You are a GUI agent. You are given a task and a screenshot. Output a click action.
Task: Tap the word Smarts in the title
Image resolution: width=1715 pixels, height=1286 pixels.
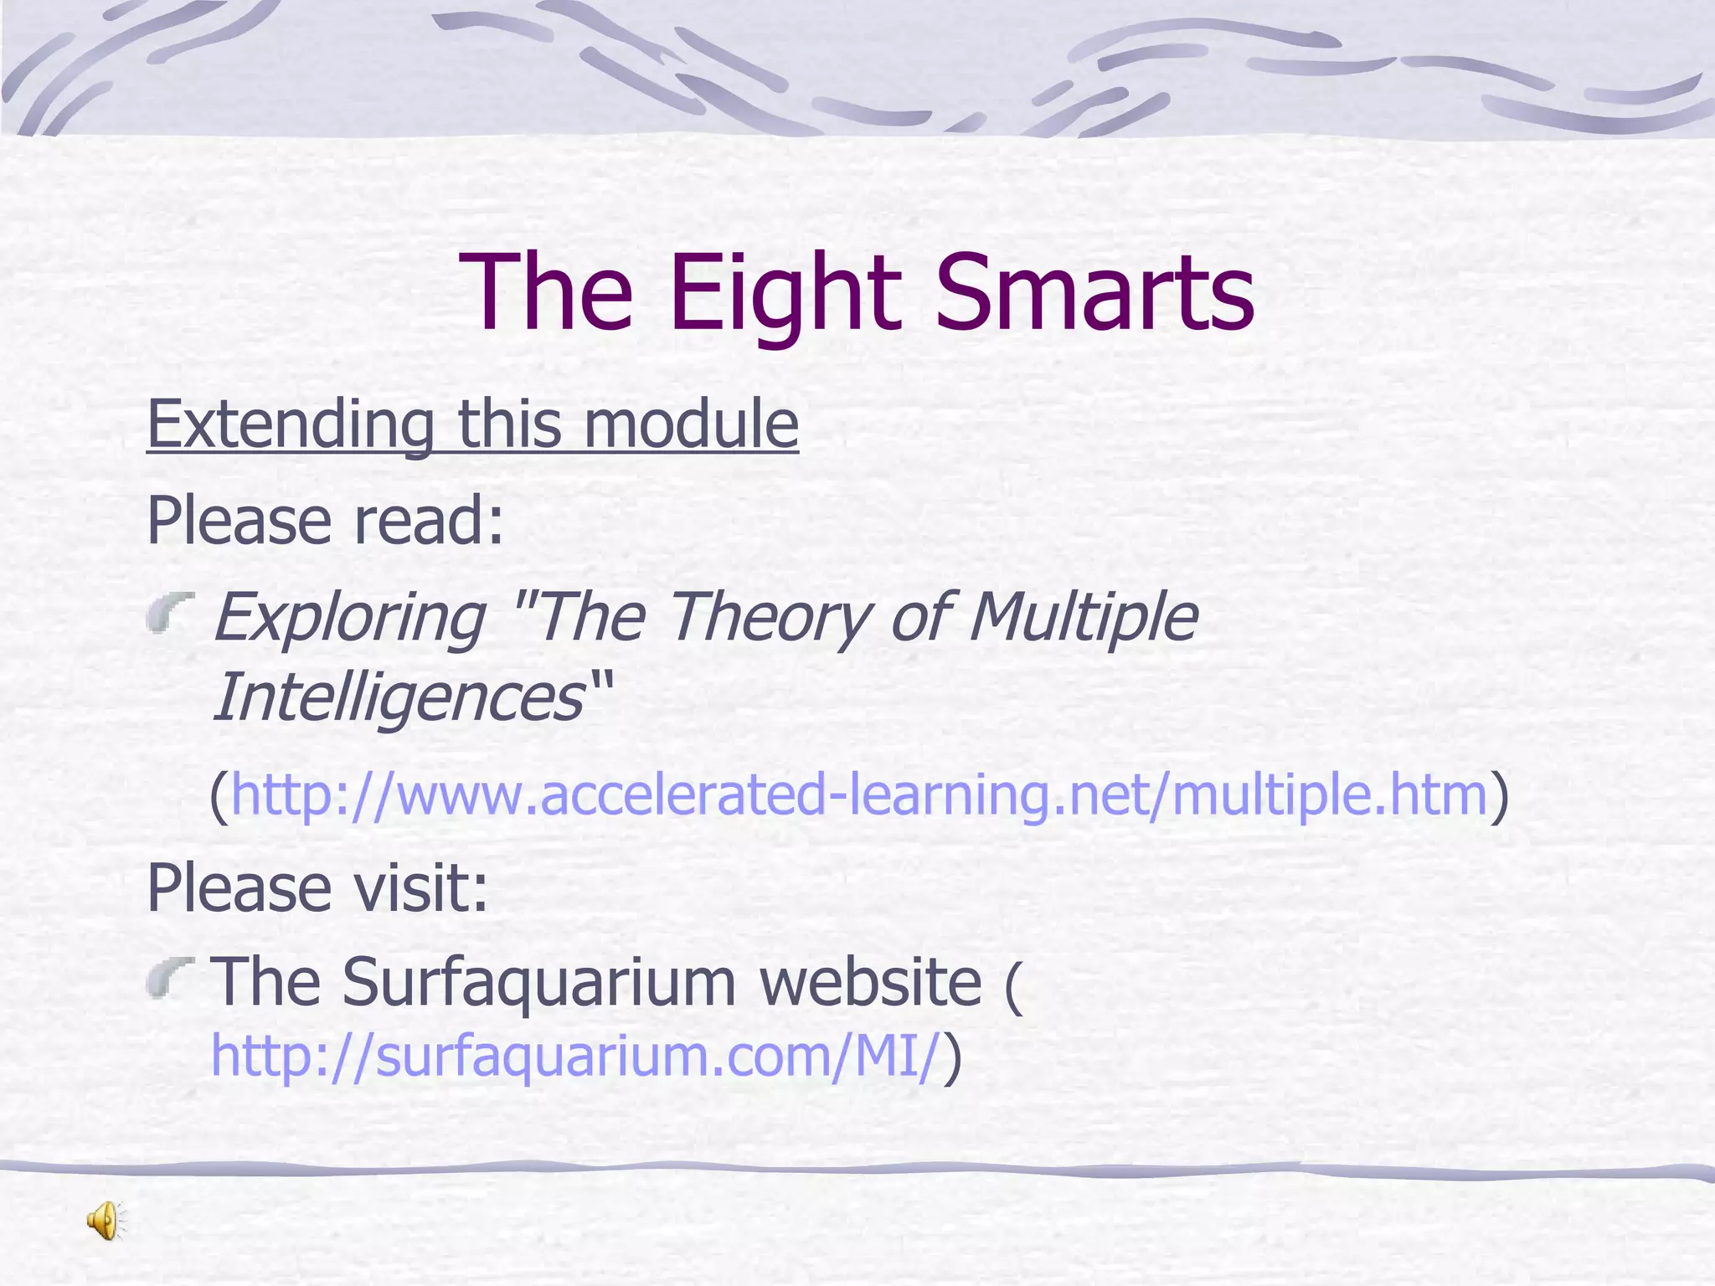pos(1094,293)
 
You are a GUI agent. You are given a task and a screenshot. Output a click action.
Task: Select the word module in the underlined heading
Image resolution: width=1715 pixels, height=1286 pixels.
pos(690,424)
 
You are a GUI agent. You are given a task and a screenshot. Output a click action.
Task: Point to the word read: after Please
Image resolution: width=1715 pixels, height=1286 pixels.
pos(429,521)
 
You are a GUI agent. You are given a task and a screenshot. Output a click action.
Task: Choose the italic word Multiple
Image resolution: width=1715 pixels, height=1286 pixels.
pos(1084,618)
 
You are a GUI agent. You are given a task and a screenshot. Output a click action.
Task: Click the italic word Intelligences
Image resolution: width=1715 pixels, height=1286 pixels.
pos(399,697)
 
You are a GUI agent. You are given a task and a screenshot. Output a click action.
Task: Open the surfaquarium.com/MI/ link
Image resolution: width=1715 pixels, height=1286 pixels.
pos(574,1057)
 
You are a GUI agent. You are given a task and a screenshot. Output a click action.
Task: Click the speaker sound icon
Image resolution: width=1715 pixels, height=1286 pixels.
pos(106,1220)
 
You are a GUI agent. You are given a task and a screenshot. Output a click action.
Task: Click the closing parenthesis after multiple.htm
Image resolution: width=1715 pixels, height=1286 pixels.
pos(1500,795)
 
